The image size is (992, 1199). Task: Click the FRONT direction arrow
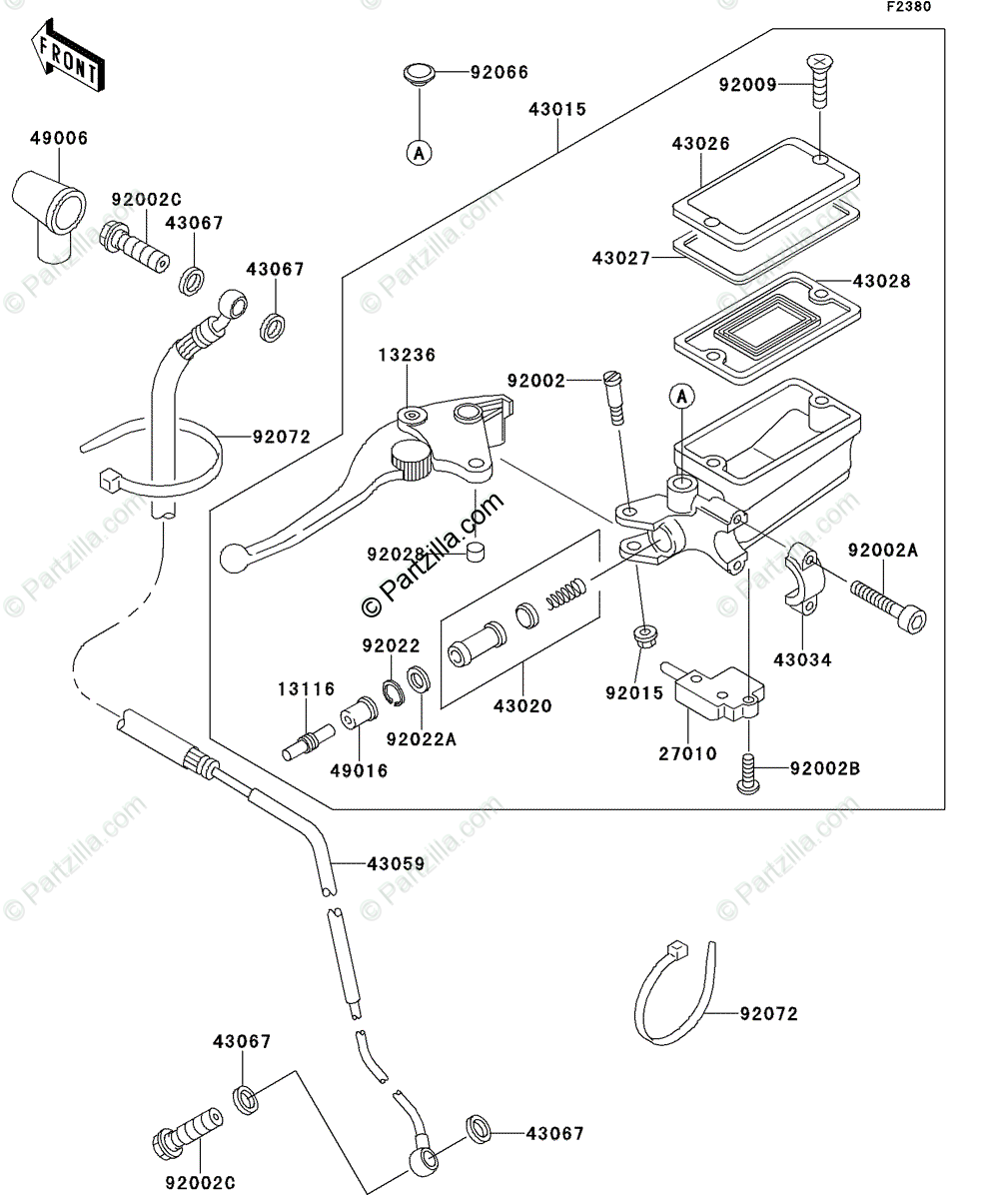point(68,56)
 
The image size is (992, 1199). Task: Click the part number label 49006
point(59,139)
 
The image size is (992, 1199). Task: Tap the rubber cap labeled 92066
point(419,75)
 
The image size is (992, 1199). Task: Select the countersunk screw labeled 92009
point(820,80)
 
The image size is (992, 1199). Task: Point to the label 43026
point(701,144)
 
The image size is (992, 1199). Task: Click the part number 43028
point(882,282)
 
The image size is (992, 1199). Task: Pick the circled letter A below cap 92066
point(419,153)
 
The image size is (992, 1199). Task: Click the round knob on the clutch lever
point(412,461)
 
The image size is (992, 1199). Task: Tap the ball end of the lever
point(233,559)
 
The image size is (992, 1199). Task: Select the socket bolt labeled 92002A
point(888,606)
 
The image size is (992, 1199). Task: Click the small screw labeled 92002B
point(748,774)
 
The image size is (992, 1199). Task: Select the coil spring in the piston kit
point(566,595)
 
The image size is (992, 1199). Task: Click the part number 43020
point(523,705)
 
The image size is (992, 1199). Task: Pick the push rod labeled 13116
point(309,742)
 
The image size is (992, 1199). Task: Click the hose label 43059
point(397,864)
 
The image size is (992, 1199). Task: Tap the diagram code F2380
point(909,7)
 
